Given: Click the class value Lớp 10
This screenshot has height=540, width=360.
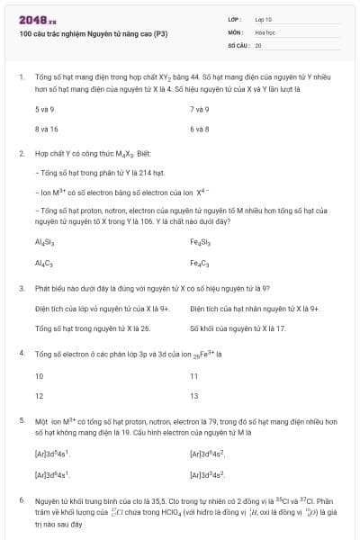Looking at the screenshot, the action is (264, 18).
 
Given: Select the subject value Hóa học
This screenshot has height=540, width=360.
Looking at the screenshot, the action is (265, 31).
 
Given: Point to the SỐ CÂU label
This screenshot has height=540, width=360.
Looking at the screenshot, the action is (238, 44).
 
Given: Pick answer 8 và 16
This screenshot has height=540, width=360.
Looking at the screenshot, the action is (47, 129).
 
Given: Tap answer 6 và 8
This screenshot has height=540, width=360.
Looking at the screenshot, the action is (200, 129).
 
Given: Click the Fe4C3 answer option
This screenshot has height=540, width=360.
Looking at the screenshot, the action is (200, 263).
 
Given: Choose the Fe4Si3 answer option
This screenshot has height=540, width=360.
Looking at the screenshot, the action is (201, 243).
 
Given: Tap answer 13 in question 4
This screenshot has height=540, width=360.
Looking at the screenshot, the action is (194, 395).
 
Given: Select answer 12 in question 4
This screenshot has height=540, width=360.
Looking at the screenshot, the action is (40, 395).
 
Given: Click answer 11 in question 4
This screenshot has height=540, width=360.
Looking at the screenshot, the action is (194, 375).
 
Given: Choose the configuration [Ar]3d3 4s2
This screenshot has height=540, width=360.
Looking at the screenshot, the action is (207, 472).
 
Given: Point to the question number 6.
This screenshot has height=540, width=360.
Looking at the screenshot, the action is (22, 499).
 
